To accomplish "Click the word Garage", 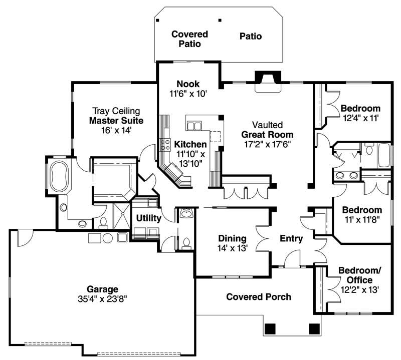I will pyautogui.click(x=102, y=289).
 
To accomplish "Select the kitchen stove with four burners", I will pyautogui.click(x=165, y=145).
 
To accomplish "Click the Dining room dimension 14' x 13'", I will pyautogui.click(x=233, y=248).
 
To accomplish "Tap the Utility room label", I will pyautogui.click(x=148, y=218).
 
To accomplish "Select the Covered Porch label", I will pyautogui.click(x=259, y=297).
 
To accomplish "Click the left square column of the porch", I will pyautogui.click(x=270, y=329).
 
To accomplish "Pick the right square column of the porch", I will pyautogui.click(x=314, y=329).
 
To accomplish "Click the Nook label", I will pyautogui.click(x=188, y=84).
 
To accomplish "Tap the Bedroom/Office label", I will pyautogui.click(x=359, y=275).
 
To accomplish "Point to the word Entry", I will pyautogui.click(x=291, y=239).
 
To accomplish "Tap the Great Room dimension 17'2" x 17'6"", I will pyautogui.click(x=267, y=144).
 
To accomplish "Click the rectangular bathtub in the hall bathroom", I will pyautogui.click(x=384, y=156).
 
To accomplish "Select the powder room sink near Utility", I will pyautogui.click(x=187, y=214).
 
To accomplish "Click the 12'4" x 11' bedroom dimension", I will pyautogui.click(x=360, y=118).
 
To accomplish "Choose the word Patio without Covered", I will pyautogui.click(x=251, y=36).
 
